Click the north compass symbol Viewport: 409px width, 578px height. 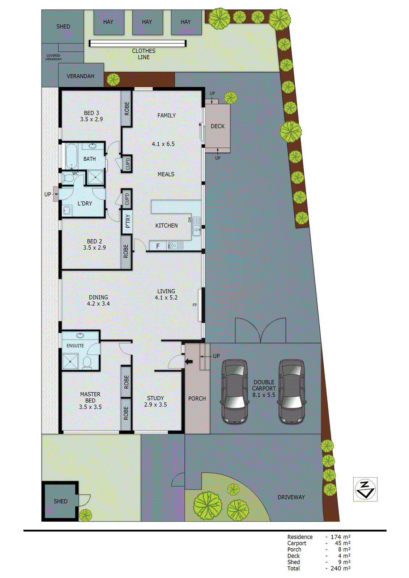coord(365,489)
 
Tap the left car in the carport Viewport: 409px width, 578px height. coord(235,391)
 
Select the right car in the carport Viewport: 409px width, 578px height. coord(291,391)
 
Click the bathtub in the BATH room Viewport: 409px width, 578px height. coord(71,156)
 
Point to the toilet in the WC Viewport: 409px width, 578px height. coord(67,178)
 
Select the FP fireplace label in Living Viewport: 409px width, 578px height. coord(195,305)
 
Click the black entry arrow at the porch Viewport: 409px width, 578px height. coord(189,361)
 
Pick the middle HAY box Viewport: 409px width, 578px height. coord(147,22)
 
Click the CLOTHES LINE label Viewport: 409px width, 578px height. coord(144,54)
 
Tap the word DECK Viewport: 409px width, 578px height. coord(218,126)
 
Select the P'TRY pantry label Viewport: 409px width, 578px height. coord(128,221)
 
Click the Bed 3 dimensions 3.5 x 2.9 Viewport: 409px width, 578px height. coord(91,119)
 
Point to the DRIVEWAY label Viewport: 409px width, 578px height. coord(291,497)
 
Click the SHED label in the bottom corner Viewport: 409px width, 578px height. coord(60,501)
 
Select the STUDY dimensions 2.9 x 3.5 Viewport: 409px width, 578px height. coord(155,405)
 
